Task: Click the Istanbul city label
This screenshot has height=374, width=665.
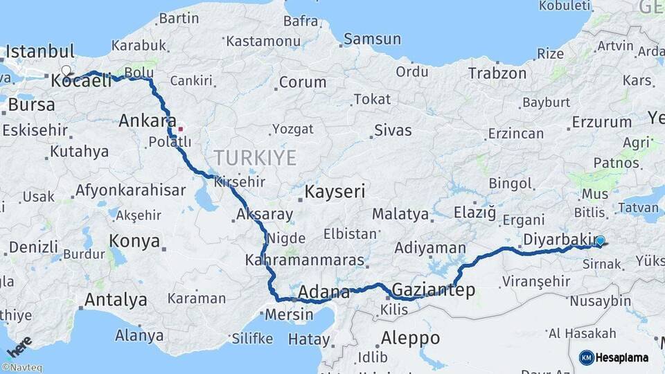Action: coord(40,51)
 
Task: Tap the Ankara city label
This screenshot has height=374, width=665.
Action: coord(148,121)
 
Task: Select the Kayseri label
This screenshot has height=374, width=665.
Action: coord(335,191)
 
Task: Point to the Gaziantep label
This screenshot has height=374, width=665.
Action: coord(434,290)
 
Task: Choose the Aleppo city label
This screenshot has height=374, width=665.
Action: coord(410,338)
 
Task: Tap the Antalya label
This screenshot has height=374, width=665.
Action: coord(115,300)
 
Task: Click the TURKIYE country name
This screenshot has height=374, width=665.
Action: coord(254,157)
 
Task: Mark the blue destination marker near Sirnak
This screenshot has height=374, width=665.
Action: coord(600,241)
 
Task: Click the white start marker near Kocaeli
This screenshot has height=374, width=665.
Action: coord(66,71)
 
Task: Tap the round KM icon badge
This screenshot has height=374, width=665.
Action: coord(587,357)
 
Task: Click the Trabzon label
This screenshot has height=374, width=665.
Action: coord(497,73)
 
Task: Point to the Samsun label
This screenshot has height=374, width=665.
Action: coord(372,39)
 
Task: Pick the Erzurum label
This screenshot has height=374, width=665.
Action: coord(602,123)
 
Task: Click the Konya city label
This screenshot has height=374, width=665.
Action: coord(134,242)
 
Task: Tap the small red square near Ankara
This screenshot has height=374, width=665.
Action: coord(181,128)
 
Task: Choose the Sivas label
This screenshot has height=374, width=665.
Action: coord(393,130)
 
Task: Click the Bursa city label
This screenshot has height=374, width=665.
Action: coord(31,105)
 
